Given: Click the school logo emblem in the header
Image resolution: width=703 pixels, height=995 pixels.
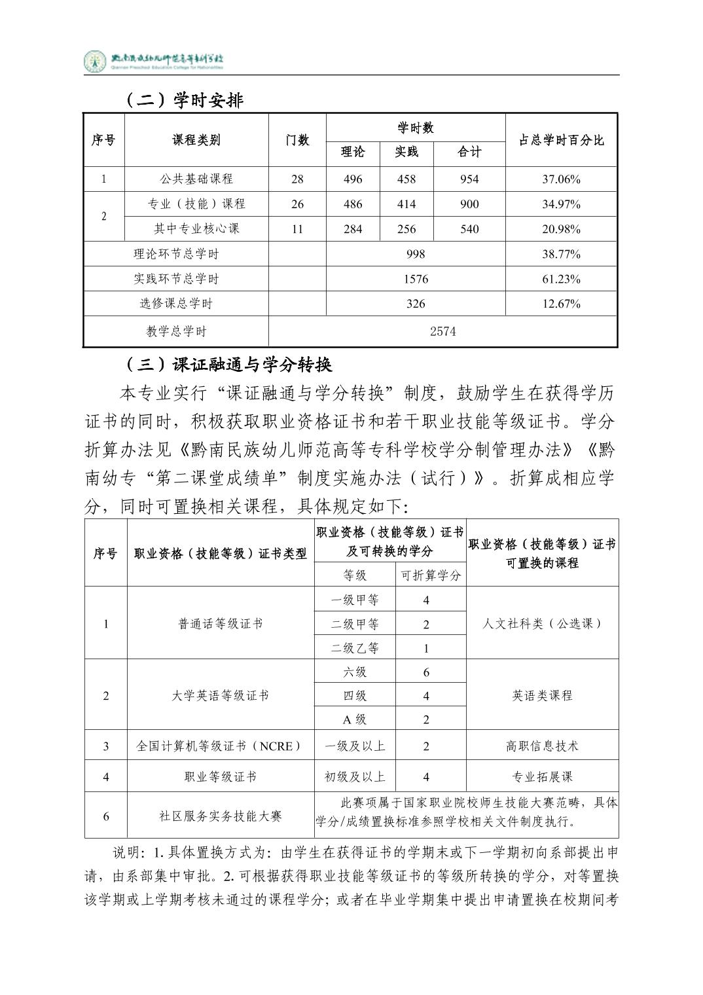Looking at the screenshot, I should coord(95,62).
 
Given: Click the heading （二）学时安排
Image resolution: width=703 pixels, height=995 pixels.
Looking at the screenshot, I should coord(183,99).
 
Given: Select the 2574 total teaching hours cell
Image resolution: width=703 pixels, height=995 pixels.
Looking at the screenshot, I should coord(442,331).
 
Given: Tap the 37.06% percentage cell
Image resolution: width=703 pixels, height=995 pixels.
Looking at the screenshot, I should coord(561,179).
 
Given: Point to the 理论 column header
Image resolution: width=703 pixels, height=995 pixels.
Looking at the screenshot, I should coord(352,152).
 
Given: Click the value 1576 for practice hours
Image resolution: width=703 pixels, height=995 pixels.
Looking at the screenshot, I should coord(416,279).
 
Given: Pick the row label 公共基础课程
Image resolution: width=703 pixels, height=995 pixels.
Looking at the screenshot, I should coord(196,179).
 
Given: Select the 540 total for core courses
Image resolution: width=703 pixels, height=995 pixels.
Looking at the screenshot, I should coord(469,228).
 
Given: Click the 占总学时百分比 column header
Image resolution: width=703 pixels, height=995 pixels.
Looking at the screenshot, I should coord(561,140).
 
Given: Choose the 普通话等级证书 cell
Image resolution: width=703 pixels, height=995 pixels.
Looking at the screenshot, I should coord(221,624).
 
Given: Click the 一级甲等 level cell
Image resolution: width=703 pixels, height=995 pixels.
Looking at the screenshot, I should coord(355,600).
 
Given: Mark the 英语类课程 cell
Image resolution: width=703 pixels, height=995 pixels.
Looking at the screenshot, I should coord(542,695).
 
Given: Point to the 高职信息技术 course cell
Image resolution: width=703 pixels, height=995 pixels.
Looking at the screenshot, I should coord(542,746).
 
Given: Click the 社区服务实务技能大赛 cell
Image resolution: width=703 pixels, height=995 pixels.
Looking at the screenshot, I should coord(221,816).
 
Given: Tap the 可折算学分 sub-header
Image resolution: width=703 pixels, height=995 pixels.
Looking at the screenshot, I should coord(431,575).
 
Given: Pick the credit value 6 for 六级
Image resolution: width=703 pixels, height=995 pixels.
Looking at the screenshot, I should coord(426,672).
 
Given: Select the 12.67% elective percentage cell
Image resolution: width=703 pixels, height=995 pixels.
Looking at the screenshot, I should coord(561,304).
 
